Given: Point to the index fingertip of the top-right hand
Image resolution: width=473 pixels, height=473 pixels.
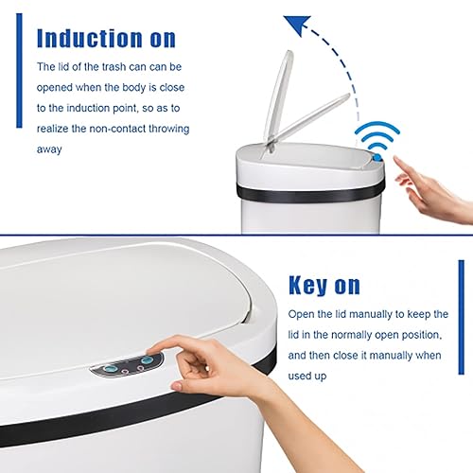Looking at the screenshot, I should tap(398, 161).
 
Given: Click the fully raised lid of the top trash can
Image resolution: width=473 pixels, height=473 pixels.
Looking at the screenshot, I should tap(274, 95).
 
